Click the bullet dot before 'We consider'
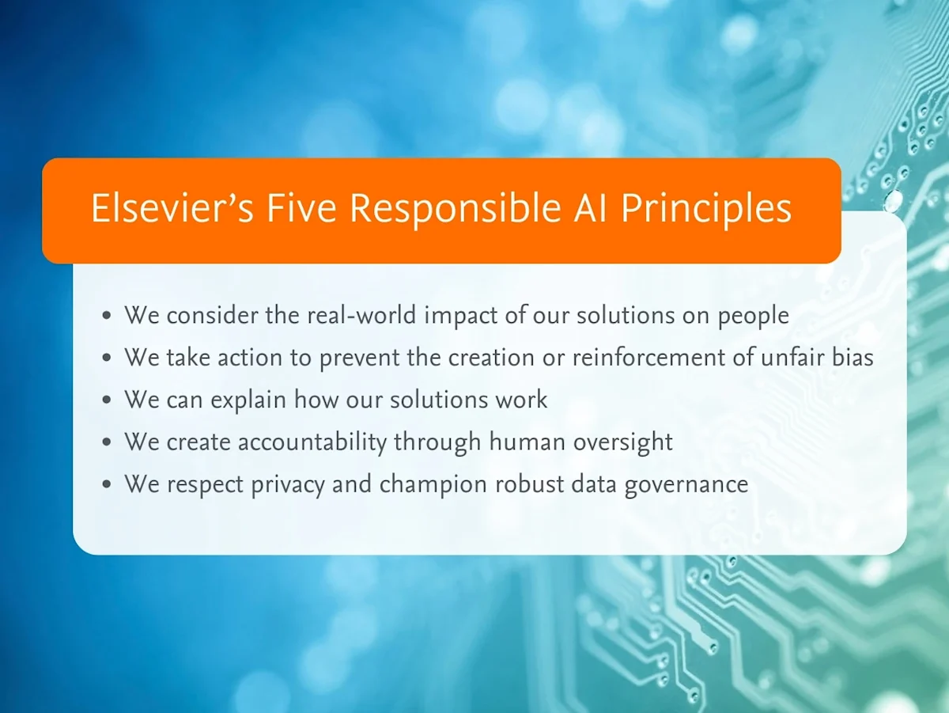(x=108, y=317)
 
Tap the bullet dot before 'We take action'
(x=108, y=358)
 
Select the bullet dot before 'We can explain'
(x=108, y=400)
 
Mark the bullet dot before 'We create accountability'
(x=108, y=442)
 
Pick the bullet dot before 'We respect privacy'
(x=108, y=484)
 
